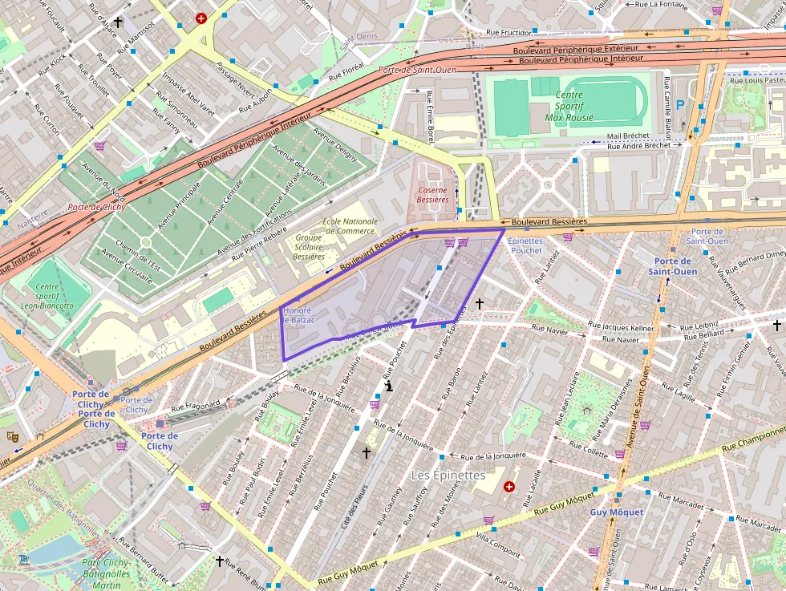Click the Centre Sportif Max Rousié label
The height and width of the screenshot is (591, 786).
(569, 106)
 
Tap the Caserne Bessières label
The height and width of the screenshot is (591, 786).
(432, 195)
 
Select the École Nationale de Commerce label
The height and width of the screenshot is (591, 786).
(350, 226)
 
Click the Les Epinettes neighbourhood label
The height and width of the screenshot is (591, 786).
(448, 475)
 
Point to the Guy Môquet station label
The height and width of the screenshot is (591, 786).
(617, 512)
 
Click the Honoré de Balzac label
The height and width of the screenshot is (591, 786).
(298, 315)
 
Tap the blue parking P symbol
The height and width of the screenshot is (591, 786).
(681, 104)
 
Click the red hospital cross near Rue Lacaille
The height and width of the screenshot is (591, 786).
(508, 487)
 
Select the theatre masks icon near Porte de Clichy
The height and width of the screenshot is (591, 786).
(12, 436)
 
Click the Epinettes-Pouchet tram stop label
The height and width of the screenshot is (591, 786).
(526, 245)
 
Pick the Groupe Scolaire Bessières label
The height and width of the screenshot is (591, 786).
(309, 247)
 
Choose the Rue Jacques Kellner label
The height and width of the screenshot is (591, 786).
(621, 327)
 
